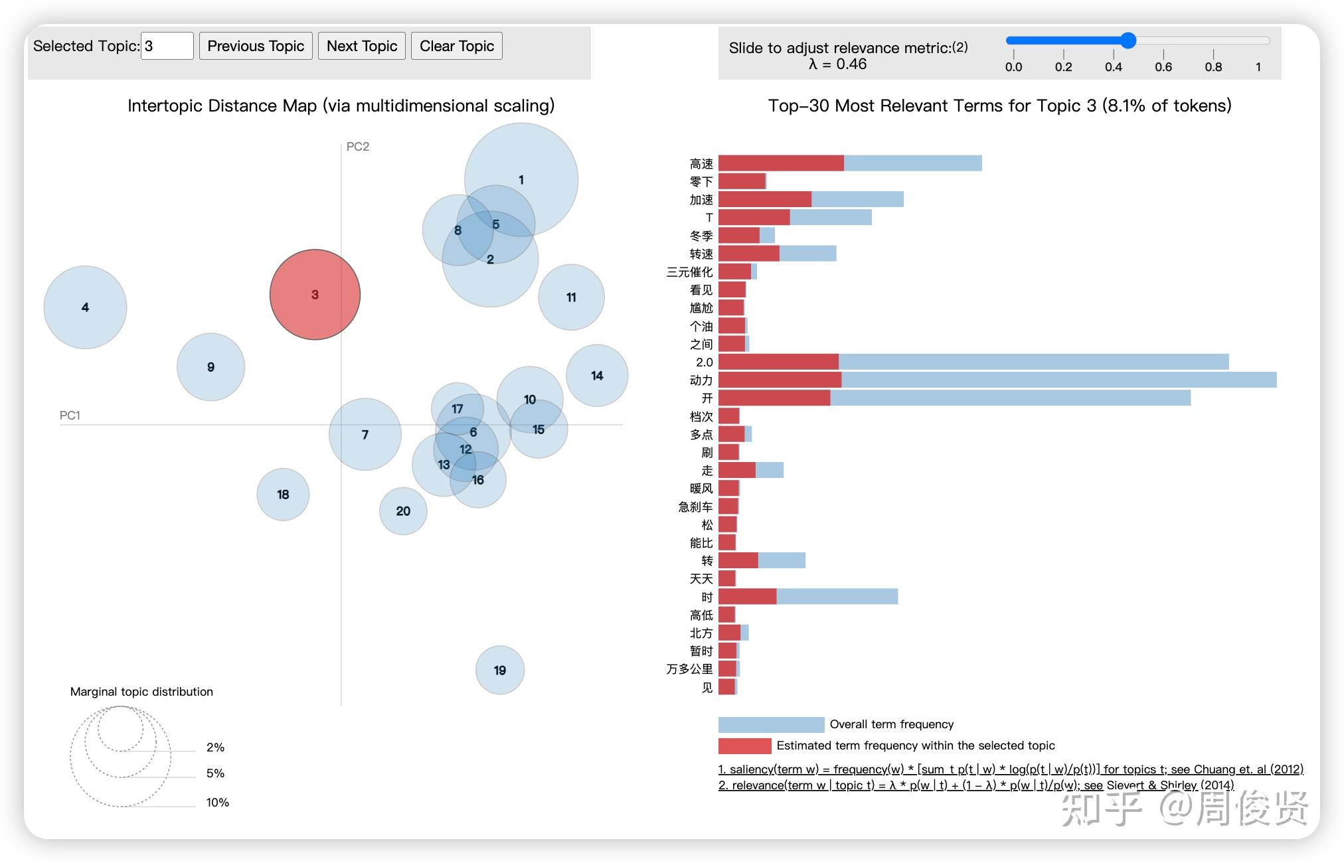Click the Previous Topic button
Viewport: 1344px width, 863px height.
tap(256, 46)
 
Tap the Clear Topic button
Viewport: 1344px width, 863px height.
tap(456, 46)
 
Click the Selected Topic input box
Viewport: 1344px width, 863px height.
tap(167, 46)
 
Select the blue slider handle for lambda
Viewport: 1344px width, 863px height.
tap(1128, 40)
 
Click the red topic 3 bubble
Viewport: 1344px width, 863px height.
tap(315, 295)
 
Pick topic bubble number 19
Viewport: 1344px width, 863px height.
tap(500, 670)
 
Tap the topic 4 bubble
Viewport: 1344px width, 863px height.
tap(85, 307)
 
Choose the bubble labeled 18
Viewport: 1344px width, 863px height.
tap(283, 495)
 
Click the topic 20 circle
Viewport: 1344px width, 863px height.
tap(403, 511)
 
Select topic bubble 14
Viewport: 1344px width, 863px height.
tap(597, 376)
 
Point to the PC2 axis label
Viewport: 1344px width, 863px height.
tap(358, 147)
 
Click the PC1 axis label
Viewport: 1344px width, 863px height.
tap(70, 416)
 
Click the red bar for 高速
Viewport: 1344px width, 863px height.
tap(781, 163)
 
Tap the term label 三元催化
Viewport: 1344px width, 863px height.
tap(689, 272)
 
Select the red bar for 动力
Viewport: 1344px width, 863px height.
tap(780, 380)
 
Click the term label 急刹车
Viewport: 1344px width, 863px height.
tap(695, 507)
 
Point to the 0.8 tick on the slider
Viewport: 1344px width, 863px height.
tap(1213, 66)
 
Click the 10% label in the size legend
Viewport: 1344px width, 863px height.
tap(217, 803)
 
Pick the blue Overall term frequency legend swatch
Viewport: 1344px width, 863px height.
tap(771, 724)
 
